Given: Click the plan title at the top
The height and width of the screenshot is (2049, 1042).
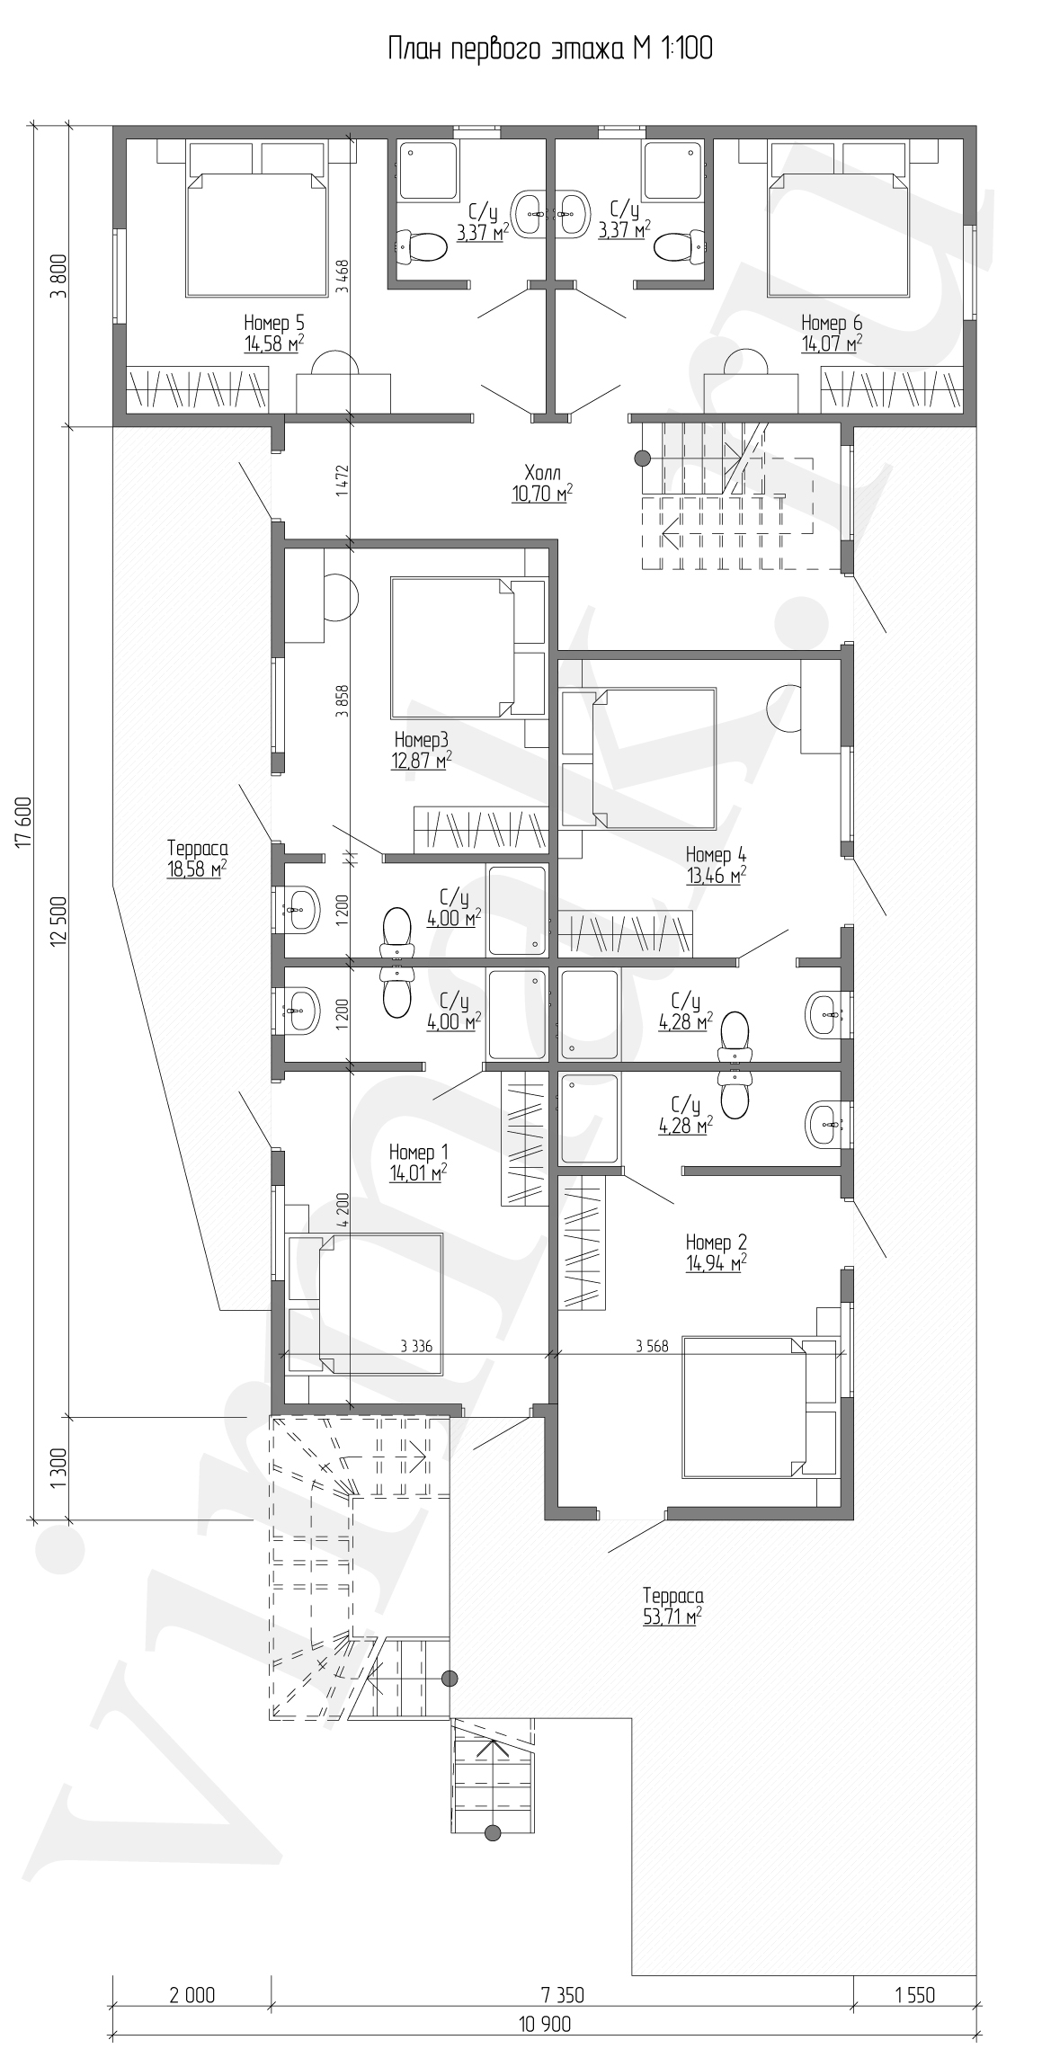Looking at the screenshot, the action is tap(549, 49).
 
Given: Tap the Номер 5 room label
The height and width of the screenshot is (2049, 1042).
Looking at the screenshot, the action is tap(274, 323).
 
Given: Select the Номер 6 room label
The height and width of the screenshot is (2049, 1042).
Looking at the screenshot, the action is tap(832, 323).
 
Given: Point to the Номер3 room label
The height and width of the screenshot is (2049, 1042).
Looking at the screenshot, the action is tap(421, 740).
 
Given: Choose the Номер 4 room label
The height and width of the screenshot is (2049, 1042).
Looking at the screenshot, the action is tap(716, 854).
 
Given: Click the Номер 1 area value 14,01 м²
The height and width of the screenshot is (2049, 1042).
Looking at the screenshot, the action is tap(419, 1172).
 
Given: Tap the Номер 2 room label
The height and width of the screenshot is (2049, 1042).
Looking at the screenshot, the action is tap(716, 1243).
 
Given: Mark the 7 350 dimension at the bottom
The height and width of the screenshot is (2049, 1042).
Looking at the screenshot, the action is tap(563, 1996).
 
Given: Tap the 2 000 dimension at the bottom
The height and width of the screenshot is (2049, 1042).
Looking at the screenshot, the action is tap(192, 1996).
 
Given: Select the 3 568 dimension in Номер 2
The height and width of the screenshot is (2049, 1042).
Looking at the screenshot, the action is tap(651, 1346).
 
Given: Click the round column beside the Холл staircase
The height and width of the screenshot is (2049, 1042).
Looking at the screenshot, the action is tap(643, 459).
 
